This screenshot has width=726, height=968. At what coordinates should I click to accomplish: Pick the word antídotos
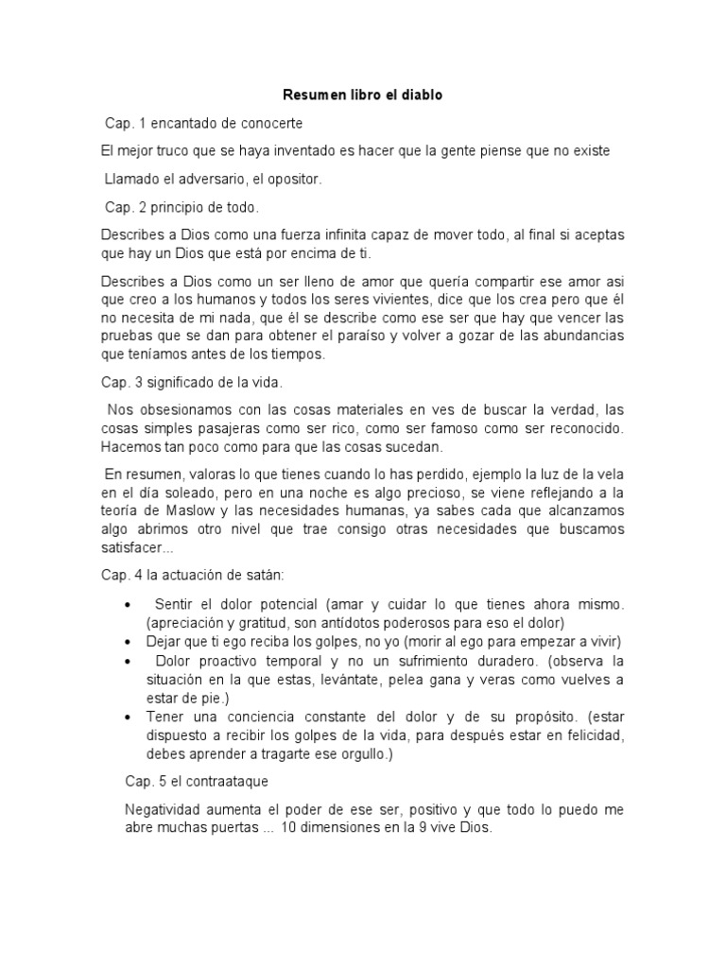pos(364,622)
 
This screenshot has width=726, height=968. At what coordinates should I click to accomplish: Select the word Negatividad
pos(165,810)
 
